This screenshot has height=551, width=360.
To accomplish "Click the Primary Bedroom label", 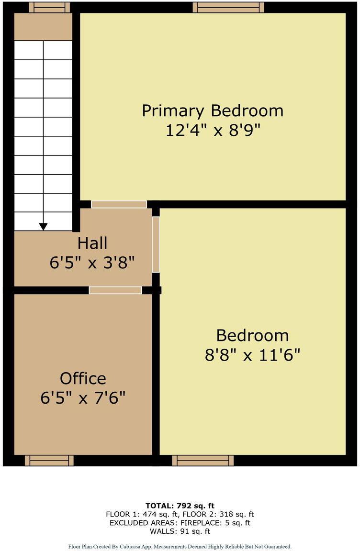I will click(x=213, y=110).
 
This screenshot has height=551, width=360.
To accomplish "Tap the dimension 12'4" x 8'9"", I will click(x=213, y=130).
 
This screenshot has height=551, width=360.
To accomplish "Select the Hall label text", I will click(x=92, y=243).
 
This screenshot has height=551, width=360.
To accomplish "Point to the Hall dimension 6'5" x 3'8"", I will click(x=92, y=263).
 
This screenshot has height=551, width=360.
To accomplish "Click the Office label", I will click(x=83, y=378).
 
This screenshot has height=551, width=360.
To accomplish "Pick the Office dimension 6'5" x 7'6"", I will click(x=83, y=398).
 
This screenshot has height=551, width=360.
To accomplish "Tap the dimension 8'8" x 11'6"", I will click(x=252, y=355).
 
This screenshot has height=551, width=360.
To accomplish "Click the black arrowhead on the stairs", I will click(x=44, y=227).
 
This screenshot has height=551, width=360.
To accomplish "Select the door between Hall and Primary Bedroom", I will click(x=119, y=205).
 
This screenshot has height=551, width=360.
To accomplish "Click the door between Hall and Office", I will click(x=115, y=290).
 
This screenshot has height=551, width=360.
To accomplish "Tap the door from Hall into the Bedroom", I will click(x=156, y=244).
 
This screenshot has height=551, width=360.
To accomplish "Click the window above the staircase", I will click(x=49, y=7).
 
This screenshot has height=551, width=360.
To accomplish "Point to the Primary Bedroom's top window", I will click(x=228, y=7).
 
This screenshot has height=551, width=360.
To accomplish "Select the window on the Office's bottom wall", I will click(x=49, y=460).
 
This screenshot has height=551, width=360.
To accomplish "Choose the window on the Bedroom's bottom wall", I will click(x=203, y=460).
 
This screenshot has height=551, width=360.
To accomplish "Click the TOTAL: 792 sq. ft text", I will click(x=180, y=506).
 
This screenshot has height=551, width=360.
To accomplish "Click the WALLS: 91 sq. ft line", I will click(x=180, y=531).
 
